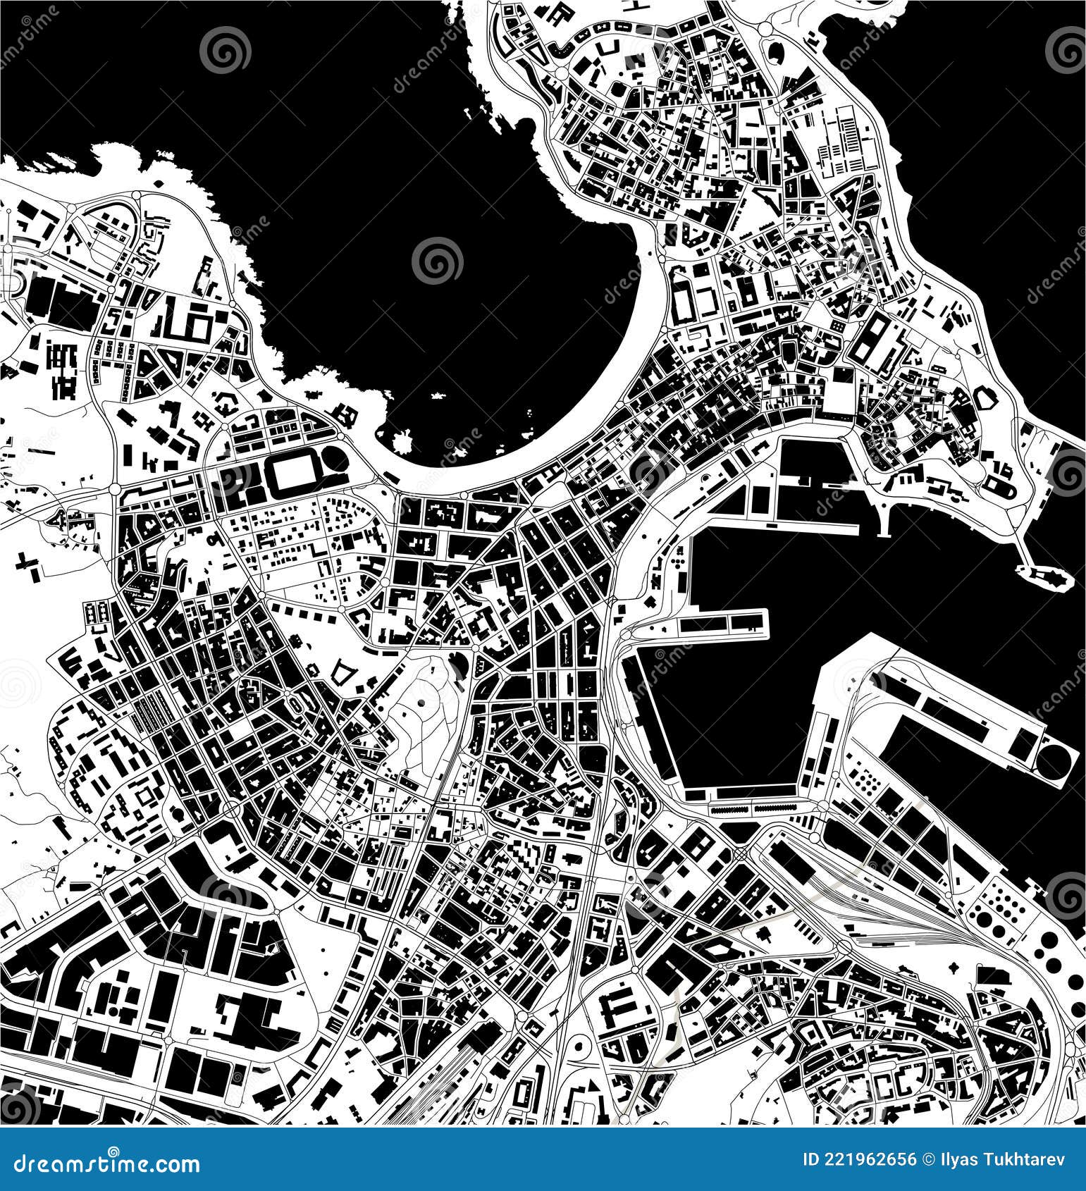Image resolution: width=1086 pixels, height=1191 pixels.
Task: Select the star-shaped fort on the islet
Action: click(x=1049, y=576)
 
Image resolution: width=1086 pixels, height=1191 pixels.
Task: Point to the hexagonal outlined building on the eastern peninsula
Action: click(x=984, y=401)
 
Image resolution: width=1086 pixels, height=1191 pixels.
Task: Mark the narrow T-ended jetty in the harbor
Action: click(x=884, y=518)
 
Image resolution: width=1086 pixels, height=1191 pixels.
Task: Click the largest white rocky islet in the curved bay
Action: click(x=402, y=443)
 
